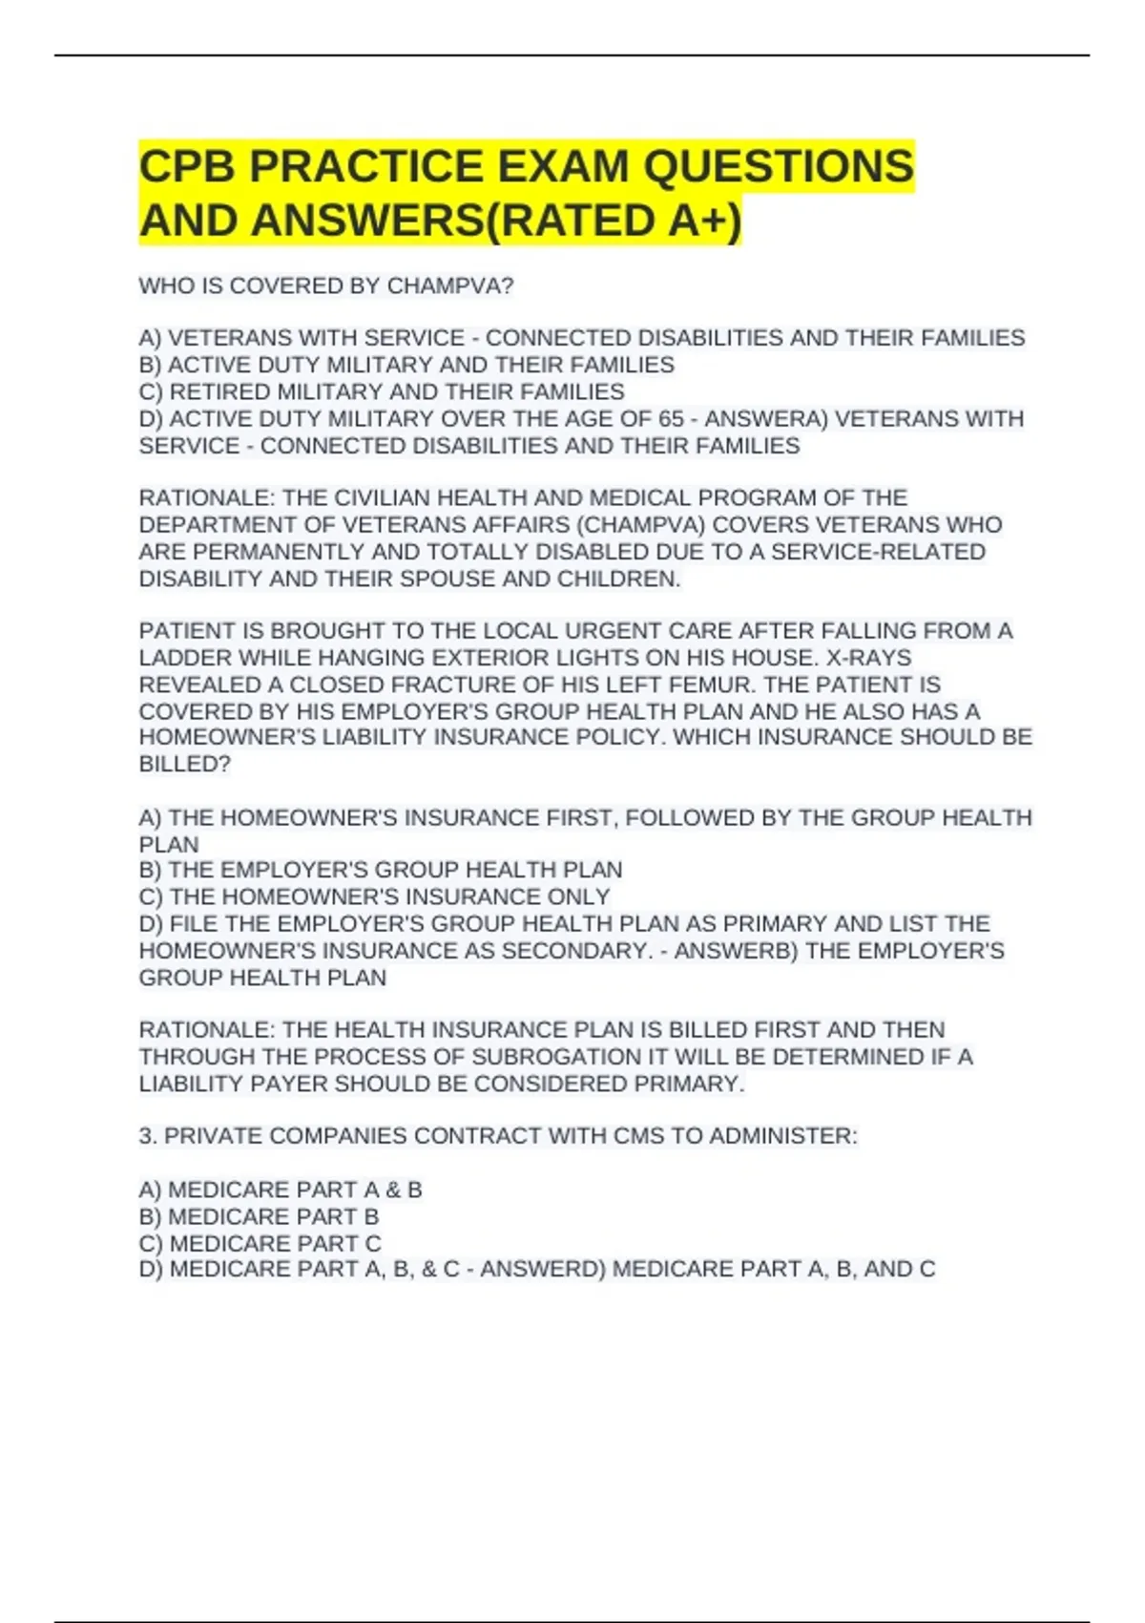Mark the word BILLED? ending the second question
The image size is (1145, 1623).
(x=185, y=765)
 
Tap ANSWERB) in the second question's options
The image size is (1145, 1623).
(x=736, y=951)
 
